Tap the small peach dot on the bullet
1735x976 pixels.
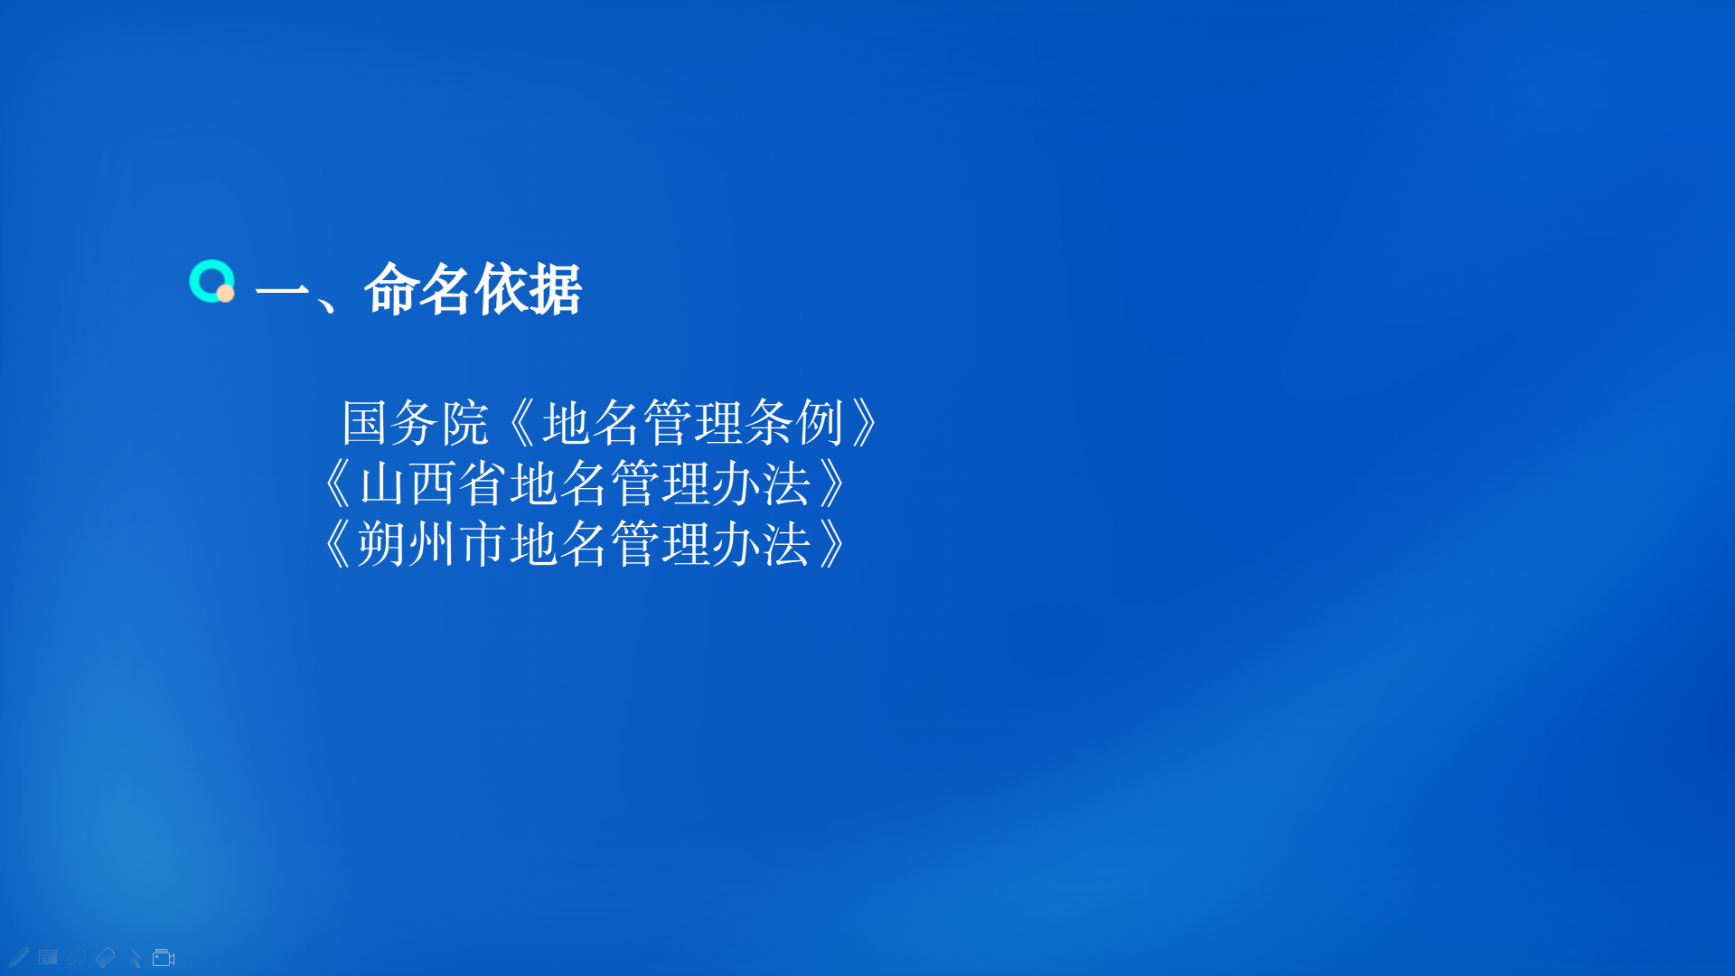(x=226, y=293)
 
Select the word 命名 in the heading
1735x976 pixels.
(x=417, y=289)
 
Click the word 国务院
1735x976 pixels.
(x=416, y=422)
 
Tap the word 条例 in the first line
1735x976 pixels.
(x=795, y=422)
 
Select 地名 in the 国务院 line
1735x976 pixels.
(x=592, y=422)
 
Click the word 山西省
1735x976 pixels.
(x=433, y=483)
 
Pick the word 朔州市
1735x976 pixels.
(x=433, y=544)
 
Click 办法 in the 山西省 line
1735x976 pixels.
(x=761, y=483)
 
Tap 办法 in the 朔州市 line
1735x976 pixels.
(x=761, y=544)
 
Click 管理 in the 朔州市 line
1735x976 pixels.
(x=661, y=544)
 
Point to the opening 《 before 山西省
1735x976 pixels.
(x=337, y=483)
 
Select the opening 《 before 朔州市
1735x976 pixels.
(x=337, y=544)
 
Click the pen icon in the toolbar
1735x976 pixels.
(x=18, y=957)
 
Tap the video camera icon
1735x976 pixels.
(x=164, y=958)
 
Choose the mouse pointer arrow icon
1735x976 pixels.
(x=135, y=958)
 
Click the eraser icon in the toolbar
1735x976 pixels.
(x=105, y=957)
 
